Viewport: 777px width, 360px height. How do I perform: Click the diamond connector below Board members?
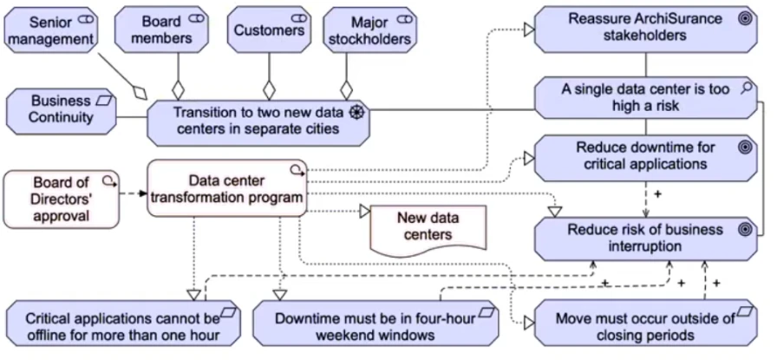pos(179,88)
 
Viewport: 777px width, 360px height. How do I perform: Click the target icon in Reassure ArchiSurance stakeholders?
pos(743,16)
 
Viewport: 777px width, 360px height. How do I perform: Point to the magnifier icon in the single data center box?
pos(744,87)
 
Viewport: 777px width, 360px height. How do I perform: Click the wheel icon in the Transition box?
pos(356,112)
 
